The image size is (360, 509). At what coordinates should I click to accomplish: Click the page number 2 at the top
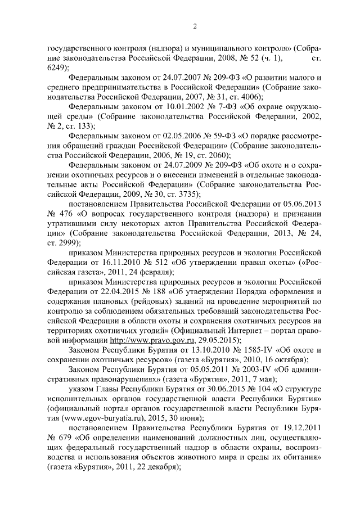coord(194,26)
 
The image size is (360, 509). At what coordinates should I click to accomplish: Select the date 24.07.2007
coord(172,76)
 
